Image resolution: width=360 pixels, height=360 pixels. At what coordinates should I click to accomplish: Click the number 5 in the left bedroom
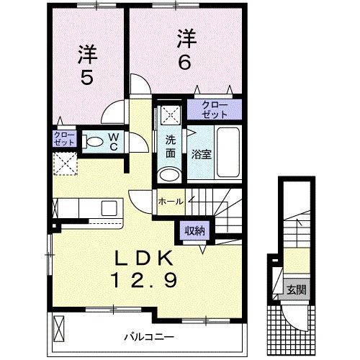[86, 76]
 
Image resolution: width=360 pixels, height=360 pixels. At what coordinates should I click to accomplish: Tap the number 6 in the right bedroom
[184, 63]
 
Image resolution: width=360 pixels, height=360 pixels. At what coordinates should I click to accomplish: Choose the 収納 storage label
[193, 230]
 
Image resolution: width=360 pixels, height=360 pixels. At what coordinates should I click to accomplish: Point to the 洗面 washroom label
[171, 147]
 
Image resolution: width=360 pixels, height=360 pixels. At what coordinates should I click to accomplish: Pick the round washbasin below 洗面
[170, 175]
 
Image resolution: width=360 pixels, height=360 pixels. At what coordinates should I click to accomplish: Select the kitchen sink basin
[109, 208]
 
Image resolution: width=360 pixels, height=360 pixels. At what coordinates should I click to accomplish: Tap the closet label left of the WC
[63, 139]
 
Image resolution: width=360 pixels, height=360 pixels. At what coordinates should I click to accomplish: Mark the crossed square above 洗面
[171, 114]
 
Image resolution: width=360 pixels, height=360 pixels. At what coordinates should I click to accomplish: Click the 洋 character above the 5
[87, 53]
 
